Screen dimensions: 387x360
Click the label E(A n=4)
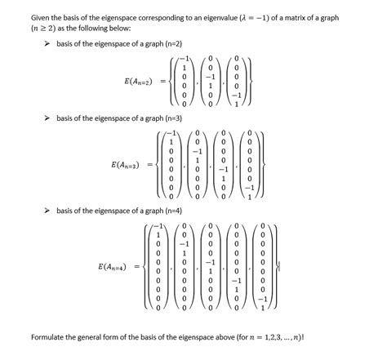(113, 266)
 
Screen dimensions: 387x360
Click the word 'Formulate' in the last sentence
(49, 336)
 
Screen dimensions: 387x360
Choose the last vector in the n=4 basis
(263, 266)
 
